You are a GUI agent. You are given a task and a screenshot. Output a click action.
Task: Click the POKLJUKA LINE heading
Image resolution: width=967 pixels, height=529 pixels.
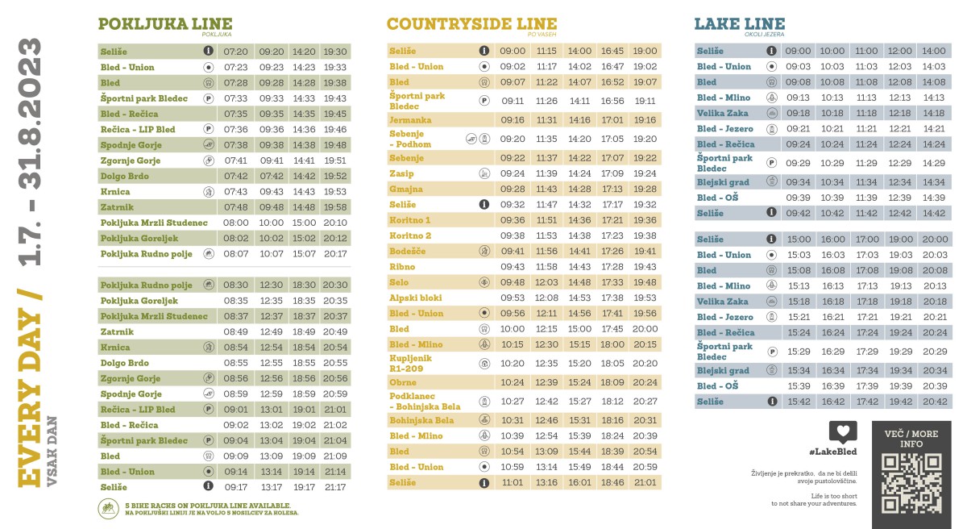click(x=164, y=24)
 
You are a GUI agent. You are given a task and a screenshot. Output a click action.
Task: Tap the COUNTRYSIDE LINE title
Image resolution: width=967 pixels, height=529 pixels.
click(x=471, y=24)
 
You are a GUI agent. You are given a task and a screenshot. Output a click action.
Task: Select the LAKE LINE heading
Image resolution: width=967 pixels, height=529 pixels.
click(x=728, y=24)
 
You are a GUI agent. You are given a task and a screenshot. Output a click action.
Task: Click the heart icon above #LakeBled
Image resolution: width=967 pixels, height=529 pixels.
click(x=843, y=431)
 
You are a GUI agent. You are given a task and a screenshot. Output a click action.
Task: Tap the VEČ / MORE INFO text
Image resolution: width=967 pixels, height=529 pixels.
click(x=911, y=439)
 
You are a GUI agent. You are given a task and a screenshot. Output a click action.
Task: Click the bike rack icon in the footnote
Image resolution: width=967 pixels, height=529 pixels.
click(x=106, y=509)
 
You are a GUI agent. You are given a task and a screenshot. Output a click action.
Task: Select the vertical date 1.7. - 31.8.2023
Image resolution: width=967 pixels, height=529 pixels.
click(x=30, y=153)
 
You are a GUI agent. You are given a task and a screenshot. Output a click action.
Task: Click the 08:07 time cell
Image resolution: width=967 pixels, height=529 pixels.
click(x=236, y=254)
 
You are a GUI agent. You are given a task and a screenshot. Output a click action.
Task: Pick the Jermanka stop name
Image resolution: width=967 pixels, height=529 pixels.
click(x=410, y=120)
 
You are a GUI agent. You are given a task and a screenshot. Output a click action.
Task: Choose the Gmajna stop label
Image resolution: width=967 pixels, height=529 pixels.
click(x=406, y=190)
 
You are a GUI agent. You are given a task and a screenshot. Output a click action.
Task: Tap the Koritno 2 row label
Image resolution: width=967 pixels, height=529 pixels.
click(x=410, y=235)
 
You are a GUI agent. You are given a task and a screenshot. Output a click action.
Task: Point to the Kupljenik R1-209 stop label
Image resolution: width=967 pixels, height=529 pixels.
click(x=411, y=363)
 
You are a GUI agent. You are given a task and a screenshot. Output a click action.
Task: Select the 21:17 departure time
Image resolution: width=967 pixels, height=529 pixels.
click(x=335, y=487)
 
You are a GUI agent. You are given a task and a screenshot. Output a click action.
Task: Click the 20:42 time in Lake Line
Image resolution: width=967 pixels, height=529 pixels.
click(x=934, y=402)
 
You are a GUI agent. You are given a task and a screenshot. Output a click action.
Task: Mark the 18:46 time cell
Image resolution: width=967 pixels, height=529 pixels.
click(x=612, y=483)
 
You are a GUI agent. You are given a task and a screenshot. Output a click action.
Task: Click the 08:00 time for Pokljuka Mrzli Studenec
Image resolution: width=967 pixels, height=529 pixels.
click(x=236, y=223)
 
